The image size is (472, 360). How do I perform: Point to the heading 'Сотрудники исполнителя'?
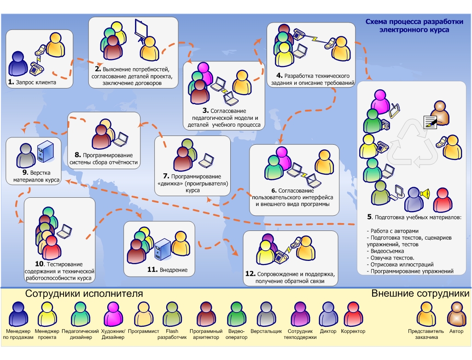point(84,294)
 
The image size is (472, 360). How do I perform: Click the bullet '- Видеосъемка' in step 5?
point(385,251)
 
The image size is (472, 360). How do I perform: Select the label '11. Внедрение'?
point(168,270)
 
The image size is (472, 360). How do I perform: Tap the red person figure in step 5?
point(441,197)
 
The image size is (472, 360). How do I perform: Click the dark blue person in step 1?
point(19,64)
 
